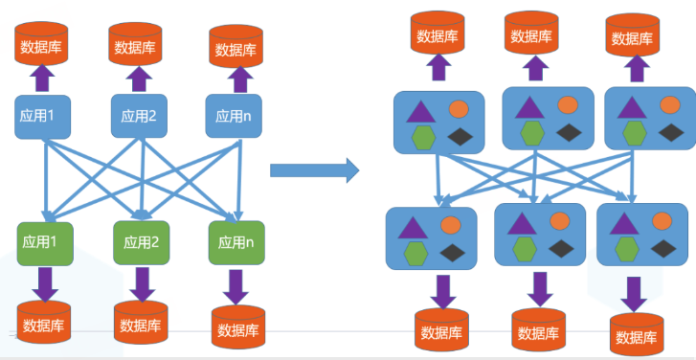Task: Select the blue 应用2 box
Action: (139, 117)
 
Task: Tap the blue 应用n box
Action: (235, 117)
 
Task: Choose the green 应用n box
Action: (236, 242)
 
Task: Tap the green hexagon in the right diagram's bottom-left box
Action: (415, 254)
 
